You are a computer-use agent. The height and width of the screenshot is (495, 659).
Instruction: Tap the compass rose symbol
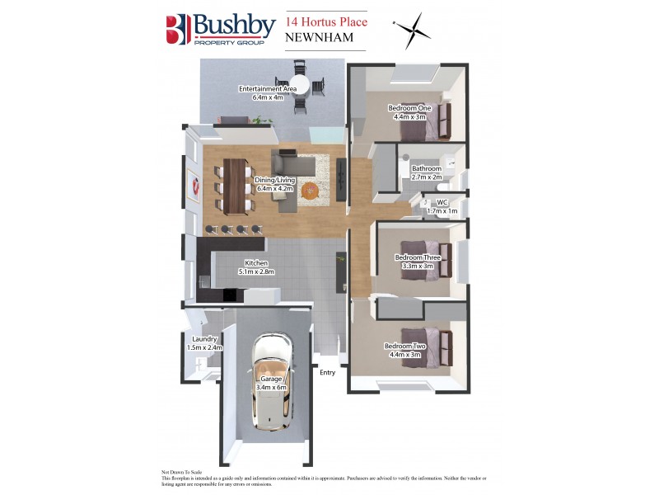click(x=411, y=31)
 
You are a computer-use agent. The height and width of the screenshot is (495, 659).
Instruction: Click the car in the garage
click(x=269, y=381)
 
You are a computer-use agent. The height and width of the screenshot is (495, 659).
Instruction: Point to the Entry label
click(x=328, y=373)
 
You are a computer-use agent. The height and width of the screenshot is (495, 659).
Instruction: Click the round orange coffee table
click(x=309, y=191)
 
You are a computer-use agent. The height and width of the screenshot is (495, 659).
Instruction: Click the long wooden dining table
click(x=235, y=186)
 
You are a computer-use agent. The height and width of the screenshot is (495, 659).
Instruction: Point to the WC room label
click(x=442, y=206)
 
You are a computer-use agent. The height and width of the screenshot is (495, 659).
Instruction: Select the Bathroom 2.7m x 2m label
click(x=426, y=172)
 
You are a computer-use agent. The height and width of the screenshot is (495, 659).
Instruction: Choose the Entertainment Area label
click(x=262, y=92)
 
